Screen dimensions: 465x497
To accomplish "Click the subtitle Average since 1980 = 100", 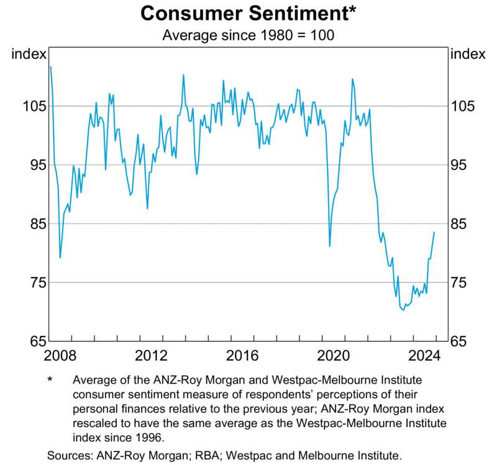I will (x=248, y=35).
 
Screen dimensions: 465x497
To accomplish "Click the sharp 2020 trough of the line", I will (x=330, y=246).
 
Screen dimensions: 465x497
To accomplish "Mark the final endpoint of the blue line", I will (x=434, y=232).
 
